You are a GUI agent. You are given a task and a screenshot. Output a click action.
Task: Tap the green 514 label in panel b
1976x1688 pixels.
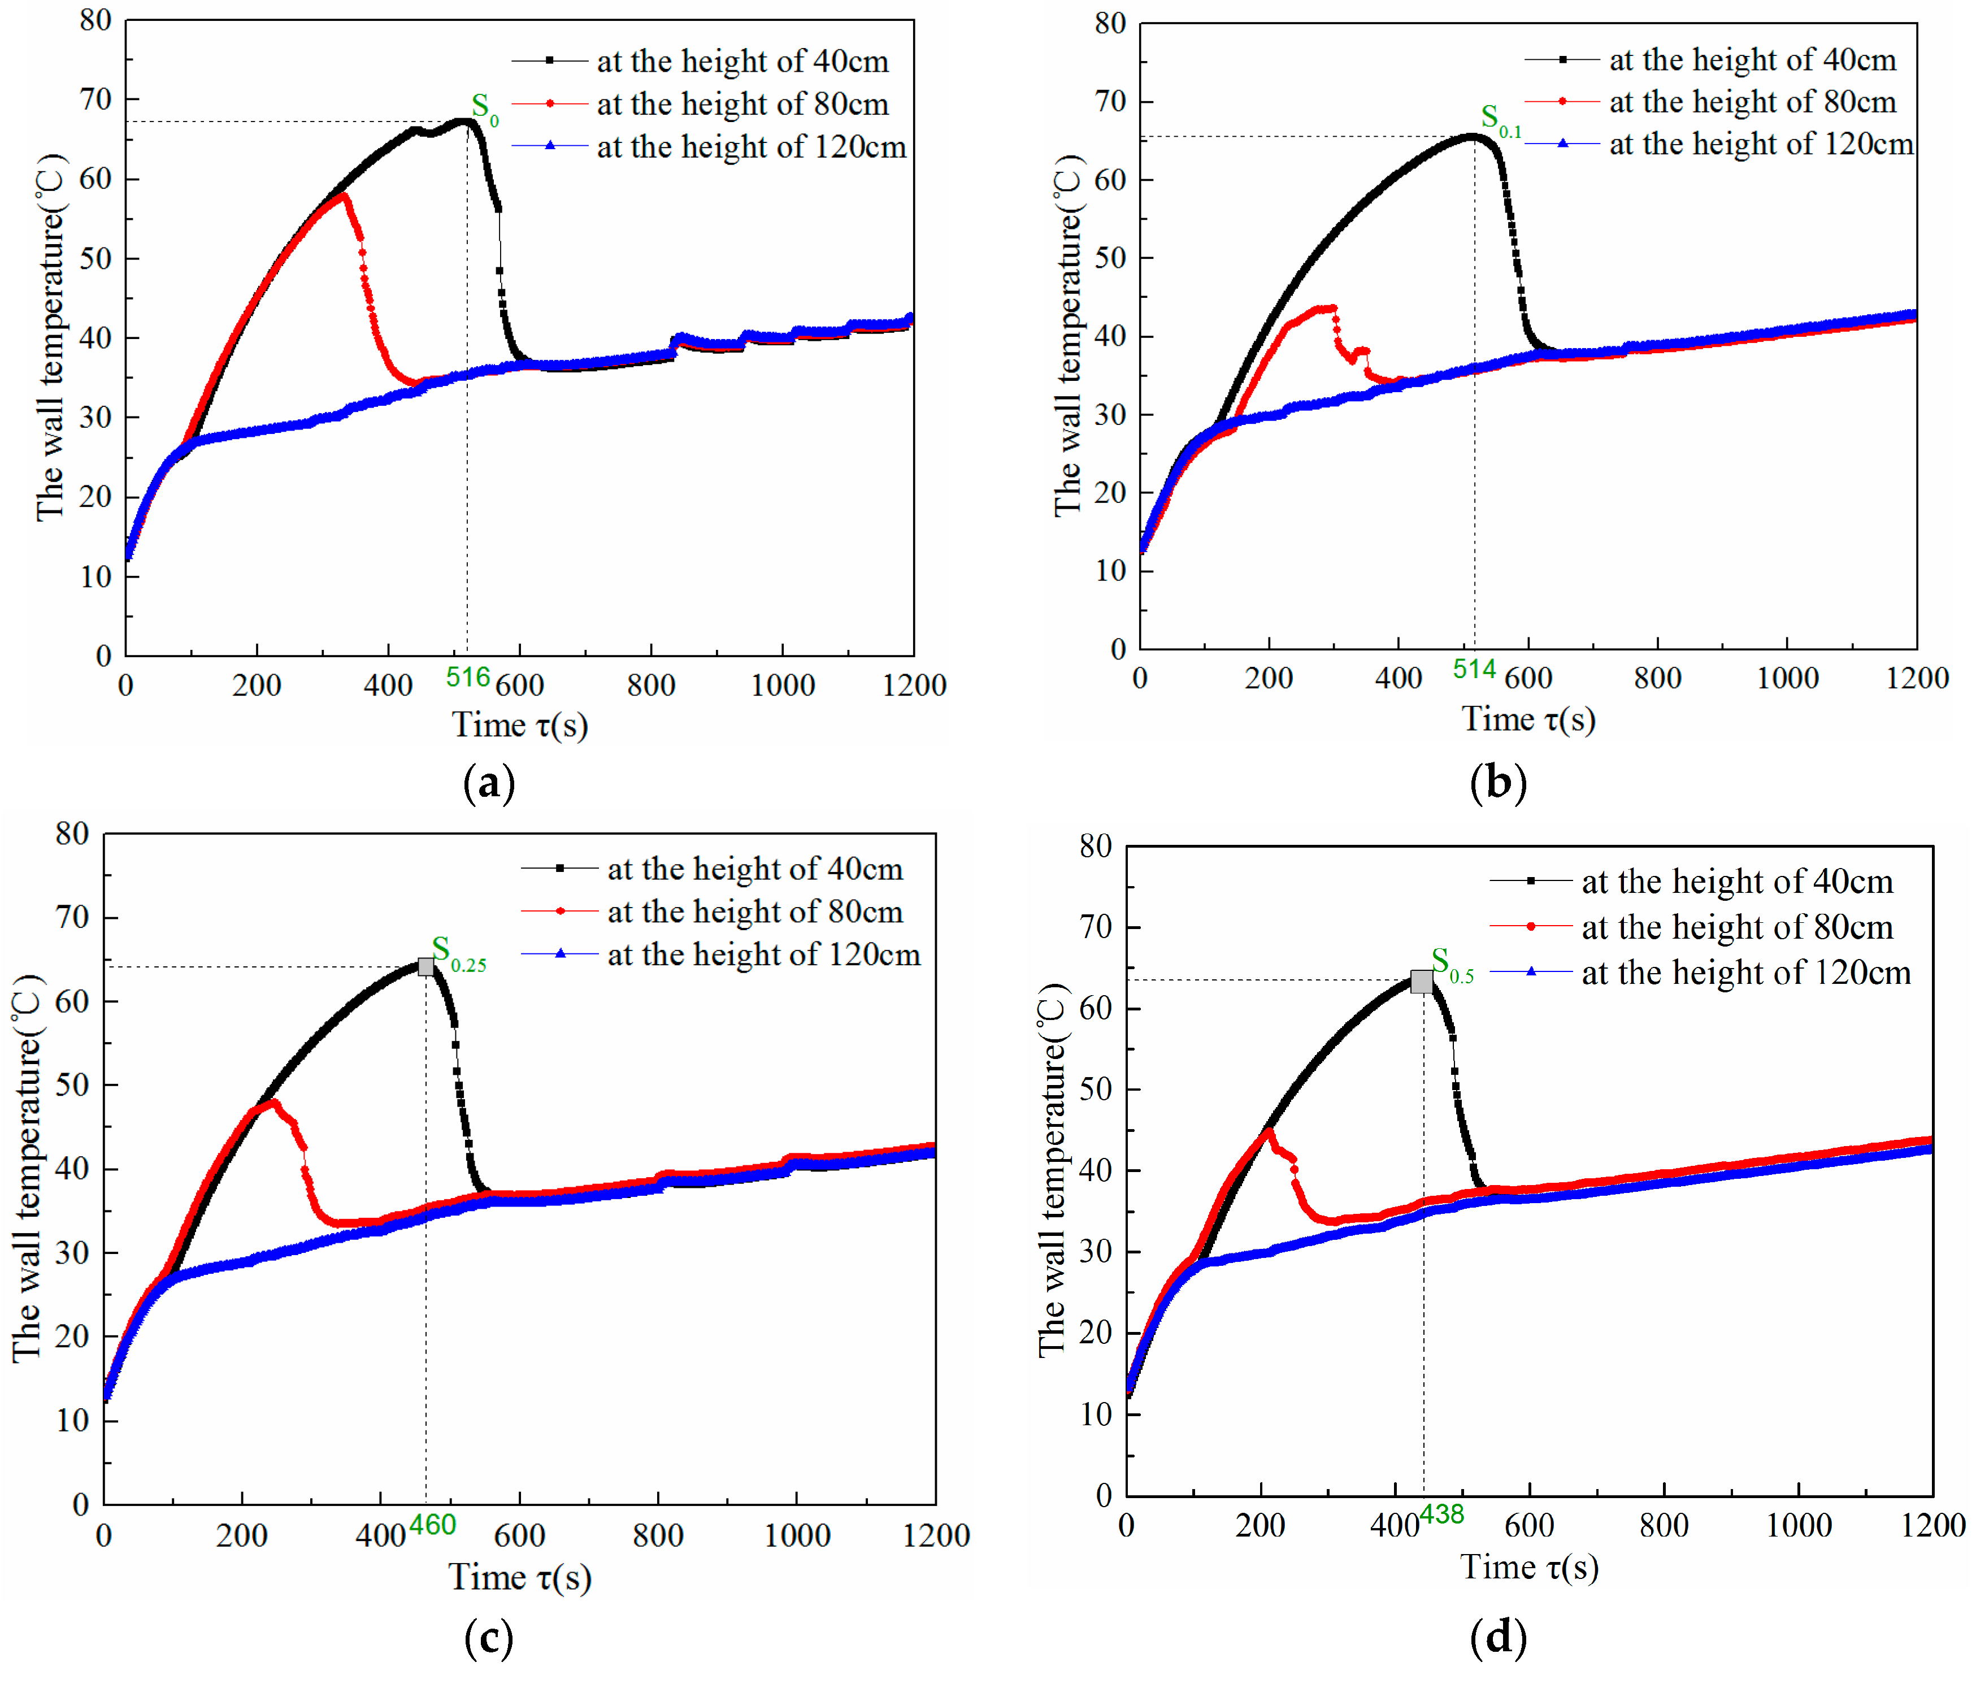(1474, 670)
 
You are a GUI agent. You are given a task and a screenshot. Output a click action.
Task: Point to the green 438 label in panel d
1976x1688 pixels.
(1441, 1515)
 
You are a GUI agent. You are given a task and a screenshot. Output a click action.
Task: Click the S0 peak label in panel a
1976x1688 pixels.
(484, 109)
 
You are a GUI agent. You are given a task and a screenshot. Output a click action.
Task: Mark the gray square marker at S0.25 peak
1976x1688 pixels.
(425, 967)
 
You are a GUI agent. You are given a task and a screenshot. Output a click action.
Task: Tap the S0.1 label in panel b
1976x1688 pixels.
(1499, 120)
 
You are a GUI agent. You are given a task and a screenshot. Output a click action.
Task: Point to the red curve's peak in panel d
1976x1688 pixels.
(1269, 1131)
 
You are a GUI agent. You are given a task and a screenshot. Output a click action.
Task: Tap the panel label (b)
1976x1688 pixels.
(1497, 783)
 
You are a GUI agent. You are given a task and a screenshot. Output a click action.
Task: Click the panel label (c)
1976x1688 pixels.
(488, 1638)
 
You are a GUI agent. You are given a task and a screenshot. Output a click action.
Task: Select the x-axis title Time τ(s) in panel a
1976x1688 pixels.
(520, 725)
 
